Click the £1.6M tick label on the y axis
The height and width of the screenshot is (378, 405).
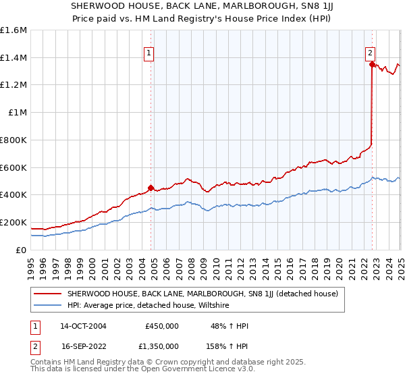point(13,30)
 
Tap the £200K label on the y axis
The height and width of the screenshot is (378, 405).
point(13,222)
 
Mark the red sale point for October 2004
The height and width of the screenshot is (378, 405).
point(151,188)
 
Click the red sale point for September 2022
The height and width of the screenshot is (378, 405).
point(372,65)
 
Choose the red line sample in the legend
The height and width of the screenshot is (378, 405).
point(49,294)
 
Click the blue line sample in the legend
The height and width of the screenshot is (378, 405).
point(49,305)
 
